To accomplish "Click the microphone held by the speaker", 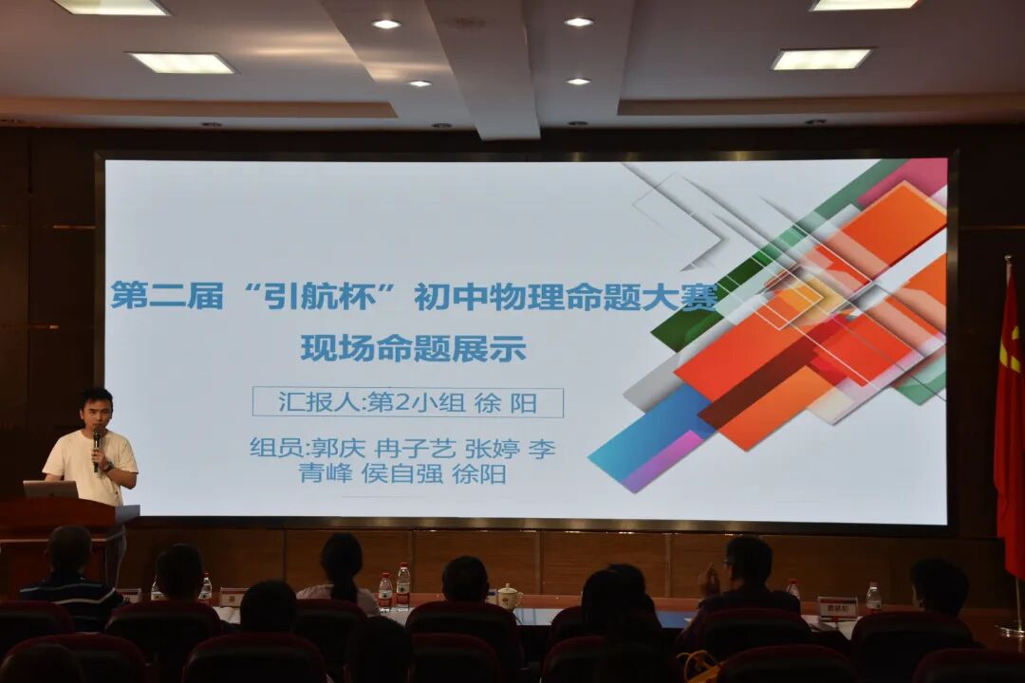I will point(97,440).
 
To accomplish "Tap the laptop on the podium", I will point(50,489).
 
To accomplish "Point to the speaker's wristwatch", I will point(106,466).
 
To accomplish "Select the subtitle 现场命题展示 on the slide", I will point(413,348).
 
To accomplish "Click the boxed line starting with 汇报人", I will point(407,402).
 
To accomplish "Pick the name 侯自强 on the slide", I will point(402,473).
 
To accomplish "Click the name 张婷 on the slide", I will point(492,448).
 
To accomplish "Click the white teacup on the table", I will point(510,597).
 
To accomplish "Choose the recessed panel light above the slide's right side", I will point(821,59).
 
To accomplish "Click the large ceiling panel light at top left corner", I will point(111,7).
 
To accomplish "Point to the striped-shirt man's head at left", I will point(69,550).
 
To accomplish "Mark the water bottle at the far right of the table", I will point(873,597).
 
